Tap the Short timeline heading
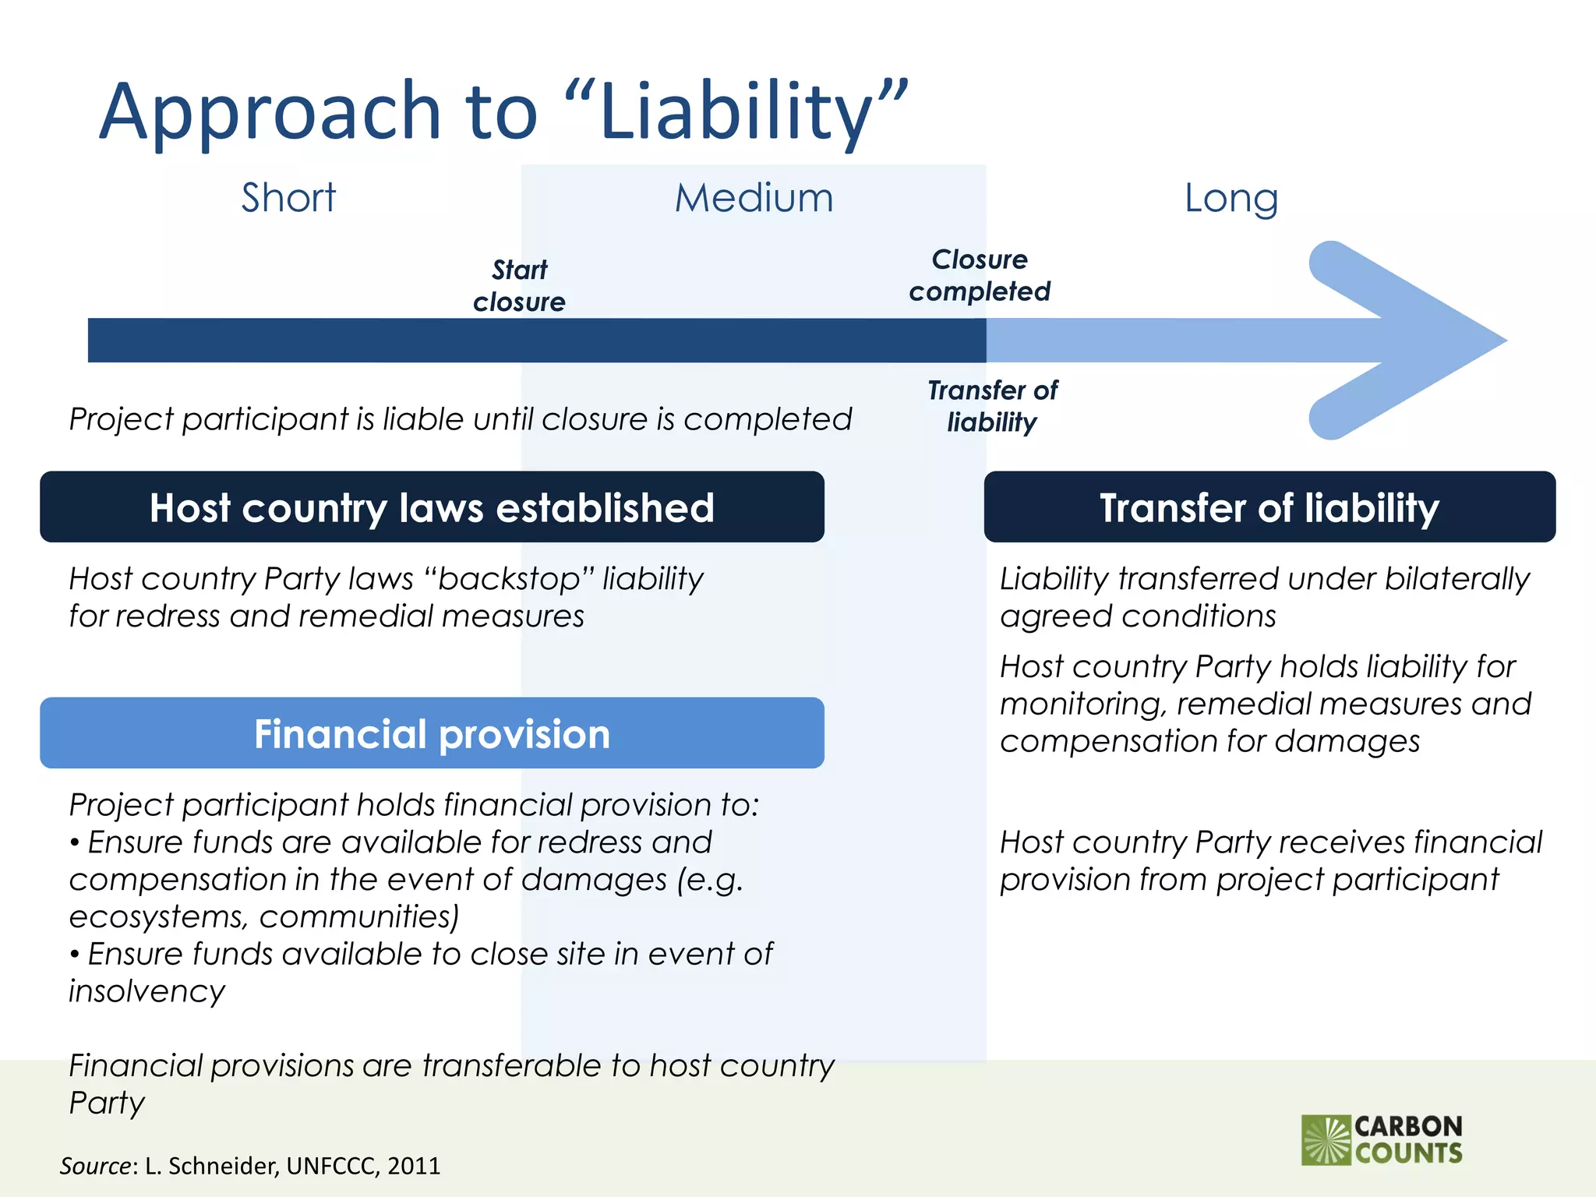pos(288,197)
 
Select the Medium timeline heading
pos(754,197)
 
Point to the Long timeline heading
pos(1231,197)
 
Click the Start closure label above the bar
pos(519,286)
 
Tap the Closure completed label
pos(980,275)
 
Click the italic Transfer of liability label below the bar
pos(992,406)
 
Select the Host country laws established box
pos(432,507)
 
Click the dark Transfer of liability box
pos(1269,507)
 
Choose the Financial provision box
pos(432,733)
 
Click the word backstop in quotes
pos(510,579)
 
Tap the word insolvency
pos(147,991)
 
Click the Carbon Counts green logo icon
pos(1326,1140)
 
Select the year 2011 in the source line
pos(414,1166)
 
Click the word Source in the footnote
pos(96,1166)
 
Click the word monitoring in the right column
pos(1082,704)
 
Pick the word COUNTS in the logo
pos(1409,1153)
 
